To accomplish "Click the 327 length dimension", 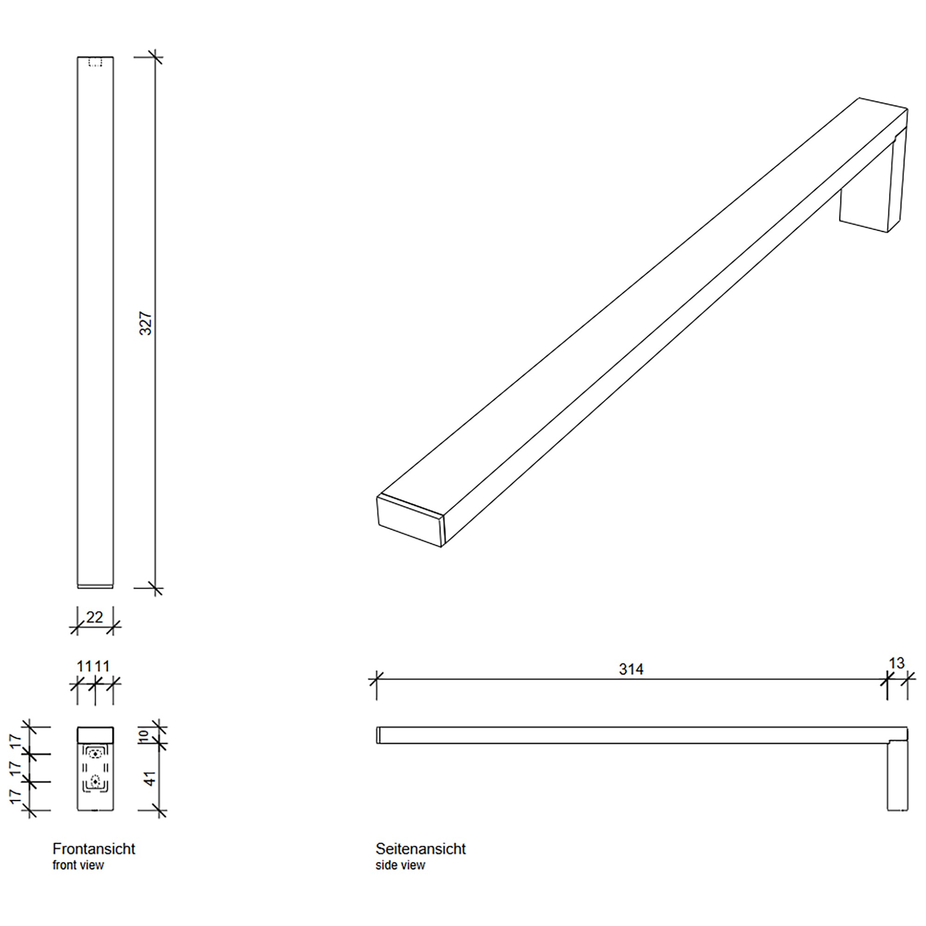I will pos(146,324).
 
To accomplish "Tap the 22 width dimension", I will pos(95,617).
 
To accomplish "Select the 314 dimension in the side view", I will pos(631,669).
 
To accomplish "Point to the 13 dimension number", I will pos(896,663).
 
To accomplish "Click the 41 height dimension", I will pos(150,778).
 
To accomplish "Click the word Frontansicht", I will pos(94,849).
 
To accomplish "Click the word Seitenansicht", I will pos(420,849).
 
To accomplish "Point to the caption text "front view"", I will pos(78,865).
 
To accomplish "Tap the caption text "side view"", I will pos(400,865).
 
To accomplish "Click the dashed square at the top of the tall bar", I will pos(96,63).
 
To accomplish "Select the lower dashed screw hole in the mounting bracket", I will pos(96,781).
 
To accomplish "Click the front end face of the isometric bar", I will pos(410,521).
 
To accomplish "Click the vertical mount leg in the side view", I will pos(897,776).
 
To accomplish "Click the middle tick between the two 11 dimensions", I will pos(95,683).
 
